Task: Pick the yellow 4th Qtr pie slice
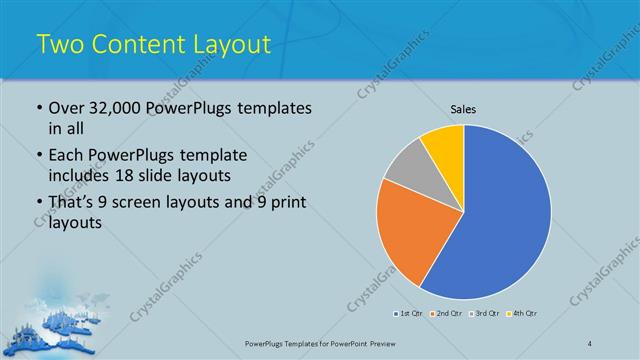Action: [443, 146]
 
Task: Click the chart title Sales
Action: [463, 111]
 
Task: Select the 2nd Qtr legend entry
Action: [448, 313]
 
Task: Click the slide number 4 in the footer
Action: [590, 344]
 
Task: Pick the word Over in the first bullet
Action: [53, 108]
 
